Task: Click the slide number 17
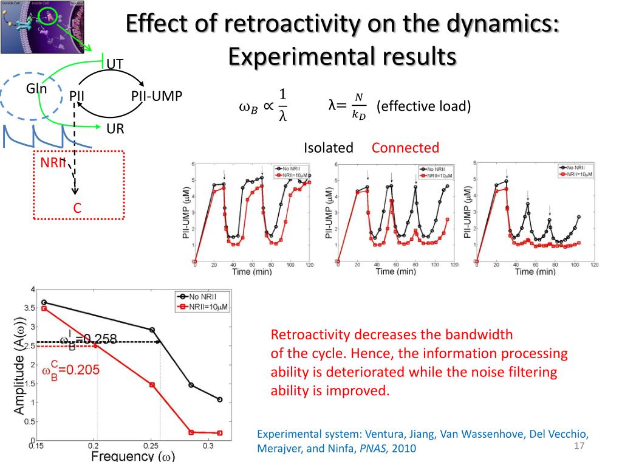(x=578, y=448)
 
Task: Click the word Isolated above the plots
(x=329, y=148)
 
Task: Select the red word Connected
(x=405, y=148)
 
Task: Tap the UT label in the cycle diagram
(x=115, y=64)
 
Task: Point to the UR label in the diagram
(x=115, y=129)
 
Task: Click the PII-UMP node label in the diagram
(x=157, y=97)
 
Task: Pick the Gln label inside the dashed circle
(x=36, y=89)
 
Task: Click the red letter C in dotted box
(x=77, y=208)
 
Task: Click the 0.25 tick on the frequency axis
(x=152, y=447)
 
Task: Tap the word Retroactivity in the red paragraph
(x=310, y=335)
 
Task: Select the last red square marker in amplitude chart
(x=219, y=432)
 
